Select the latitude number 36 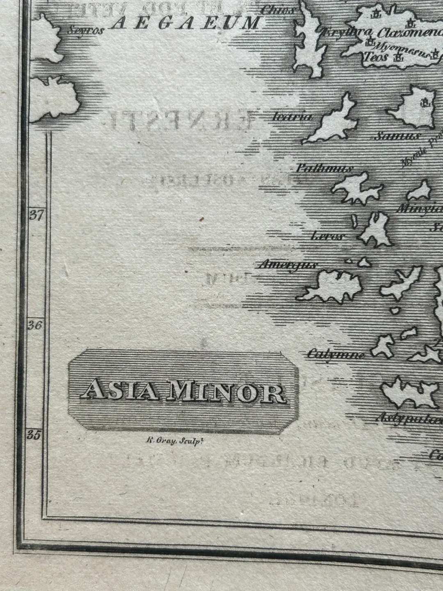point(36,325)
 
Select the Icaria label point(292,117)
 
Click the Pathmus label point(324,168)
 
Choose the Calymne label point(336,354)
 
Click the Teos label point(375,57)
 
